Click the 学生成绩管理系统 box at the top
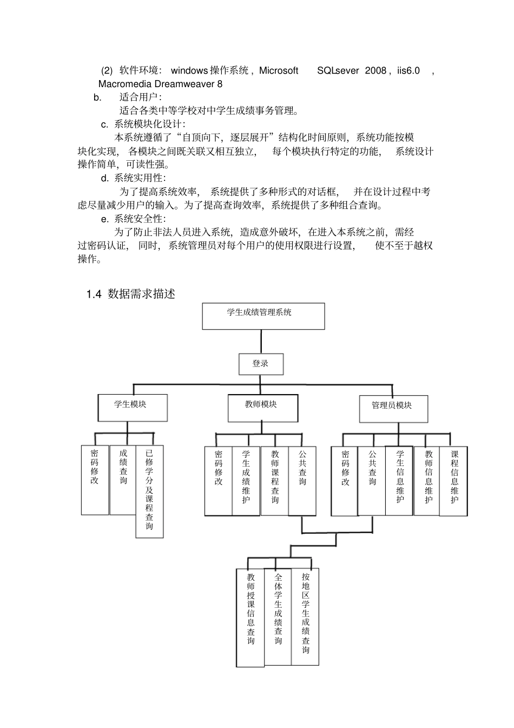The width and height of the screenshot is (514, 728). pos(263,316)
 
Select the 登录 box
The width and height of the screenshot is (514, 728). pos(261,364)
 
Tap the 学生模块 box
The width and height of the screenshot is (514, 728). pos(133,408)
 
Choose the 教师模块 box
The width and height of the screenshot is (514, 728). pos(262,408)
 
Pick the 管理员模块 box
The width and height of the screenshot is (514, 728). pos(393,409)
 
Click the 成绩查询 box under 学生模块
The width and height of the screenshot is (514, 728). pos(123,480)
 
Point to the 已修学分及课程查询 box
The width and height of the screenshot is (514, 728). pos(149,491)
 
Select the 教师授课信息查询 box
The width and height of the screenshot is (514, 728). pos(251,617)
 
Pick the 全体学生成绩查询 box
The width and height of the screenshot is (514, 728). pos(278,616)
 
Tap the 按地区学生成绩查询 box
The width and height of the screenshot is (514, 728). pos(305,616)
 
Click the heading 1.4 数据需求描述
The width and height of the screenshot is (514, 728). pos(130,294)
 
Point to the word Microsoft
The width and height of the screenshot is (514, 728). pos(278,70)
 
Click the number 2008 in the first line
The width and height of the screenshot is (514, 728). pos(375,70)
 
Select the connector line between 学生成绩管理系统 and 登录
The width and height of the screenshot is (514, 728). pos(261,342)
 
